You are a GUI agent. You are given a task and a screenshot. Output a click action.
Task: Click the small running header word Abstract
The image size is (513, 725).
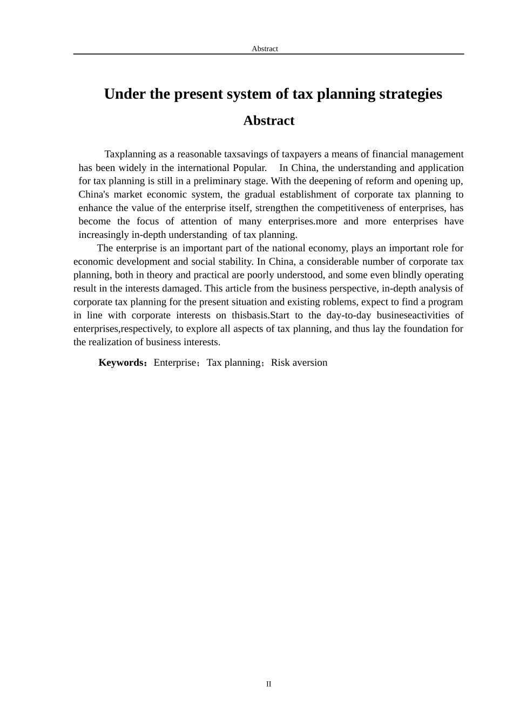tap(265, 49)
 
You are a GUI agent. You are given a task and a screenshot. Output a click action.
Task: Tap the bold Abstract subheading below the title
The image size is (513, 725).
tap(268, 120)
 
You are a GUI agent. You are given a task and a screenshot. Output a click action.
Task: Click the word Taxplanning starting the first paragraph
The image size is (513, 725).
tap(130, 154)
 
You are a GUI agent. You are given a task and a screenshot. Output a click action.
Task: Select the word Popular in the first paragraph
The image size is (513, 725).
tap(249, 168)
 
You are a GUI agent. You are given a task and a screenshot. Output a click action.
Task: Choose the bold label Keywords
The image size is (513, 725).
tap(121, 362)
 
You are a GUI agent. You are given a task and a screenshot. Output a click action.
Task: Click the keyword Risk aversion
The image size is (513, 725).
tap(299, 362)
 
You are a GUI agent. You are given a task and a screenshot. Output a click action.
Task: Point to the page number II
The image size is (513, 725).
tap(268, 684)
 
